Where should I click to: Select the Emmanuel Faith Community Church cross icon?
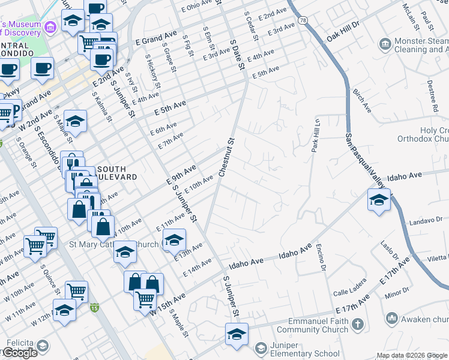click(x=358, y=325)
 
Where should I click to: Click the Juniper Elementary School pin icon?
click(x=261, y=347)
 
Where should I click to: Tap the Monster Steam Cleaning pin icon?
click(x=385, y=44)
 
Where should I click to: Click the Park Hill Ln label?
click(x=314, y=135)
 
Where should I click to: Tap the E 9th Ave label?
click(x=182, y=175)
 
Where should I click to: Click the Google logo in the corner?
click(x=20, y=353)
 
